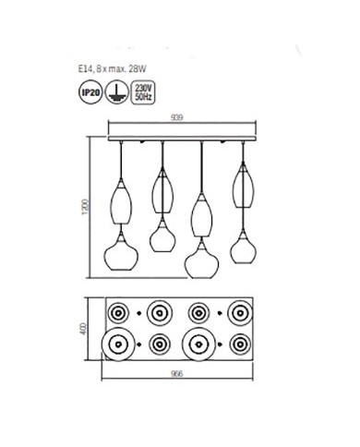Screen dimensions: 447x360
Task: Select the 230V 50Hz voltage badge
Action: tap(142, 92)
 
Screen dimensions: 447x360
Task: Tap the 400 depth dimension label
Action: tap(90, 329)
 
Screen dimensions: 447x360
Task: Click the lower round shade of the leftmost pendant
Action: tap(122, 250)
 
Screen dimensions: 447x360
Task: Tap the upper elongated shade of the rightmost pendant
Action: tap(244, 185)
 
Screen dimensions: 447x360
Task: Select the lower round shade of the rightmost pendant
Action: tap(244, 246)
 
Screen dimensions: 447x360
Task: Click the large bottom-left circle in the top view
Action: tap(122, 344)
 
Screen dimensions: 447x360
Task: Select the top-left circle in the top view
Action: tap(122, 312)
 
